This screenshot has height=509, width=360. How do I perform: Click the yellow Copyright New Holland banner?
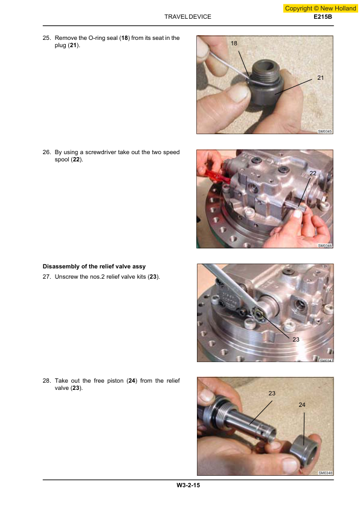click(320, 8)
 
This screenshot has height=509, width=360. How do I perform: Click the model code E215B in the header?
click(323, 16)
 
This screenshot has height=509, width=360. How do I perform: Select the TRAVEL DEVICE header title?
click(188, 16)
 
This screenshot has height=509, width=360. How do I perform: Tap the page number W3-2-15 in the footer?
click(188, 485)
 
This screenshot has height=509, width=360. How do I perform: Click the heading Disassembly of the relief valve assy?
click(94, 267)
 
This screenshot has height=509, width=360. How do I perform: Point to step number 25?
click(47, 38)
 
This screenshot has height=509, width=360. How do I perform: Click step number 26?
click(47, 152)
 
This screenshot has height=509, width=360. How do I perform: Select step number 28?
click(47, 381)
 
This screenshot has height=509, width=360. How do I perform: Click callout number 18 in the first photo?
click(234, 43)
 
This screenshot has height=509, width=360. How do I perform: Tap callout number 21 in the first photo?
click(320, 77)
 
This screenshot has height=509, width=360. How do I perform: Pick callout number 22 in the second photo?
click(313, 173)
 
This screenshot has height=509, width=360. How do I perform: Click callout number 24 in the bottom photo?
click(302, 405)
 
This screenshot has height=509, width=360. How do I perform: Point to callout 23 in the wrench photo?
click(296, 339)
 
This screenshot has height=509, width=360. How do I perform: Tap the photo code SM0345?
click(325, 131)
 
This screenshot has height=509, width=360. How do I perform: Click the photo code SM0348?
click(326, 473)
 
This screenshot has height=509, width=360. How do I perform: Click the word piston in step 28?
click(115, 381)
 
